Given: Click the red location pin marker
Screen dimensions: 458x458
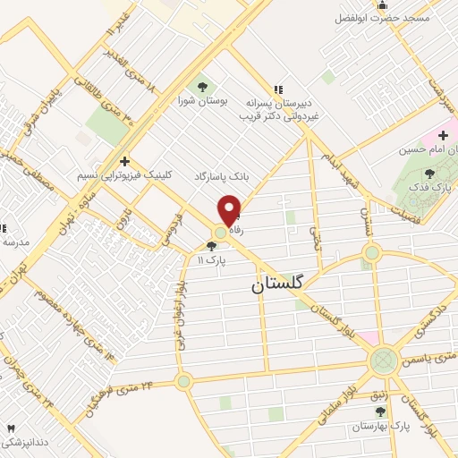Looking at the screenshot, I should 230,209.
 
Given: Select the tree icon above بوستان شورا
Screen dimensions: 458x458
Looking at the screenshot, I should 203,87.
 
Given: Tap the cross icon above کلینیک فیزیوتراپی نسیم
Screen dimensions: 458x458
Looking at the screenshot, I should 124,160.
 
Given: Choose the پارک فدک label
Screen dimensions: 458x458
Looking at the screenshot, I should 433,189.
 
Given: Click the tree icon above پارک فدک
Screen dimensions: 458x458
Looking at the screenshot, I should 430,174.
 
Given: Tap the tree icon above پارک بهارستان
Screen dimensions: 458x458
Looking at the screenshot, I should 381,411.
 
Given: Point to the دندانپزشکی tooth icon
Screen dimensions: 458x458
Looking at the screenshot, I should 12,429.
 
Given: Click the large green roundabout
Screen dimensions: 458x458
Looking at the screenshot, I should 384,361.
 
